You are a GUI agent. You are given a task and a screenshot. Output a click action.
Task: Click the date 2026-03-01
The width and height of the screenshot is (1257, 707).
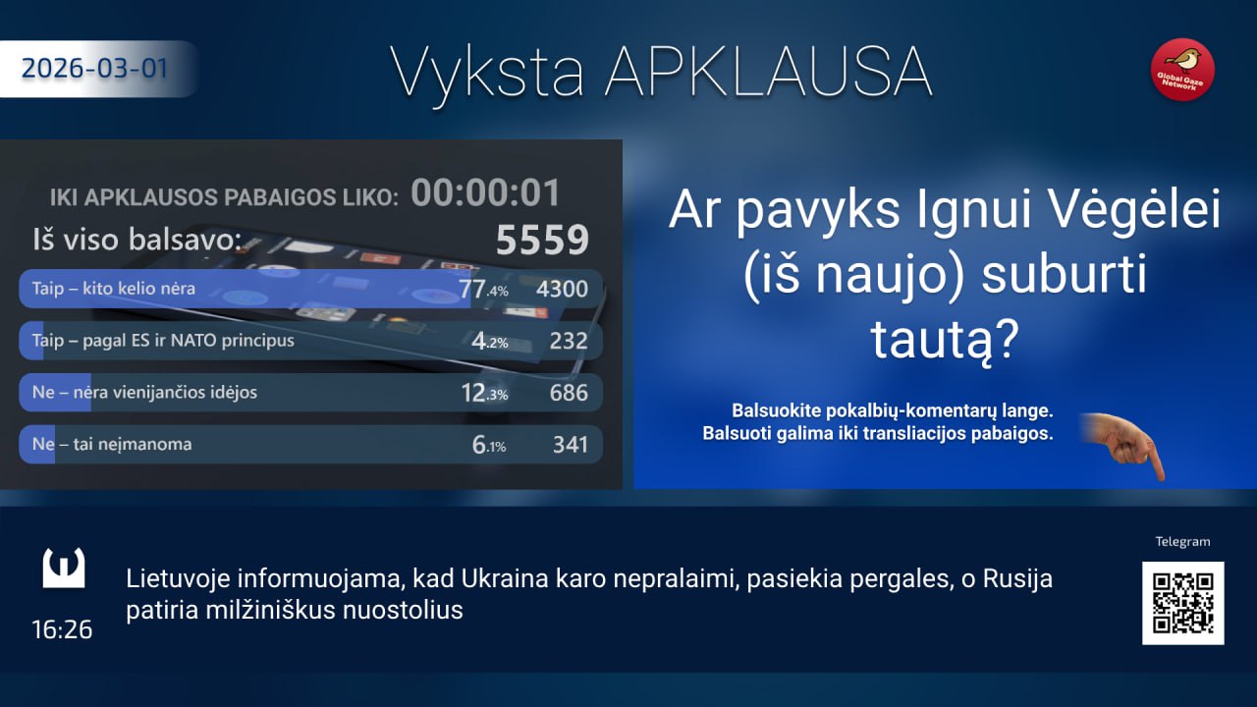[94, 69]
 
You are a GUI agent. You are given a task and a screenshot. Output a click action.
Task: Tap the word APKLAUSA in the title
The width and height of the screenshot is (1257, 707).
[769, 73]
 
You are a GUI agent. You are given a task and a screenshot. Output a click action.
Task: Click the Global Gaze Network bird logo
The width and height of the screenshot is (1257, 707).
[1183, 70]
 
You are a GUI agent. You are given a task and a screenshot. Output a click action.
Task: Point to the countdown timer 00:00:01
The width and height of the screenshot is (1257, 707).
[486, 193]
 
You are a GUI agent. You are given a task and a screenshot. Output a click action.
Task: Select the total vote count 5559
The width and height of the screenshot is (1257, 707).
[542, 241]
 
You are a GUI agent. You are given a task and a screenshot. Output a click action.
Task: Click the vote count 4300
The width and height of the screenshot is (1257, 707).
[562, 289]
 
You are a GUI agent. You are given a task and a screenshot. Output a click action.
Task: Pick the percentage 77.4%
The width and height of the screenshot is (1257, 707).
[484, 289]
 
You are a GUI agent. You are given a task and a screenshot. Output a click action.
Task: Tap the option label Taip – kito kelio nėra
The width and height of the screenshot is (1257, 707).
[113, 289]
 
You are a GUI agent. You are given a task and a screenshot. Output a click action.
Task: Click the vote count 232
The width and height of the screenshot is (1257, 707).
[569, 341]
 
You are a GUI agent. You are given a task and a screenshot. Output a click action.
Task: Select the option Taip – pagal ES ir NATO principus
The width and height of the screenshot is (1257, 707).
[163, 341]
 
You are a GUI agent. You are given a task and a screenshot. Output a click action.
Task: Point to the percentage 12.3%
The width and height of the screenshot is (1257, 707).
[484, 393]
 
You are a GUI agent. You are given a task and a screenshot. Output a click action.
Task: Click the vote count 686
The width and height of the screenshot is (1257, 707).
[569, 393]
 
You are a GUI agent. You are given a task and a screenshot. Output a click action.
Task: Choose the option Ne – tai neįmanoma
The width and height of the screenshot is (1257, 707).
[112, 445]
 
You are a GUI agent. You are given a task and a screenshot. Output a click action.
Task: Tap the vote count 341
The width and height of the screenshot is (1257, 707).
[571, 445]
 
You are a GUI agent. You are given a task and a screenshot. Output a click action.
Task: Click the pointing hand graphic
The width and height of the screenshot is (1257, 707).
[1124, 446]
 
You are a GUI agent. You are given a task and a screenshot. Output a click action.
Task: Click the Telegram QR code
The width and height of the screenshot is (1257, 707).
[1183, 603]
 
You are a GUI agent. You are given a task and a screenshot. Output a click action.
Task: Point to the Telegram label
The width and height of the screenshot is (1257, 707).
[1182, 541]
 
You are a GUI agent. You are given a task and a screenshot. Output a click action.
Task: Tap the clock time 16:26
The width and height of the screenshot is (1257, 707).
[62, 629]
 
